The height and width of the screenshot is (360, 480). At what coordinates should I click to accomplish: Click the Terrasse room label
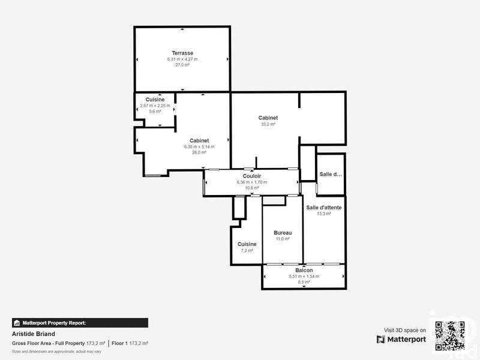(x=182, y=53)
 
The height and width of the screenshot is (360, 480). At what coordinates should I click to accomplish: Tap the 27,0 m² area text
(x=182, y=65)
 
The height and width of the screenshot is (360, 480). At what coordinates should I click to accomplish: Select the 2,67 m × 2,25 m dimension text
(x=155, y=106)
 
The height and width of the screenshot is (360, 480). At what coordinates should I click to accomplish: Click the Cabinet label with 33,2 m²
(x=268, y=118)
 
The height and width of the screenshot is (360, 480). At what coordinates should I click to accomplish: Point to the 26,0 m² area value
(x=199, y=152)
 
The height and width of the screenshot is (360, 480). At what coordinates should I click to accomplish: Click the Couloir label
(x=252, y=176)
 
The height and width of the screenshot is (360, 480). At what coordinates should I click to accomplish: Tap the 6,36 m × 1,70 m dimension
(x=252, y=182)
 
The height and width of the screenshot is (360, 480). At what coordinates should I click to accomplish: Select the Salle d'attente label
(x=324, y=208)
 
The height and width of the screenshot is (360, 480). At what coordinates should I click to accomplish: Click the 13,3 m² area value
(x=324, y=214)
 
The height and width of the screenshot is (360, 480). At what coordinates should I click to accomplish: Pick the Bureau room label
(x=283, y=233)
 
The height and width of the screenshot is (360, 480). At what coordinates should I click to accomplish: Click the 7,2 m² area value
(x=247, y=250)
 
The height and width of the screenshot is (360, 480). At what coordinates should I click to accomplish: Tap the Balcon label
(x=304, y=271)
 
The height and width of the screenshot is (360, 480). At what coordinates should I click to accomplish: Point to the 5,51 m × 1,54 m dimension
(x=304, y=277)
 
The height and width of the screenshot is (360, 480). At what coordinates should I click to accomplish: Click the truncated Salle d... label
(x=331, y=174)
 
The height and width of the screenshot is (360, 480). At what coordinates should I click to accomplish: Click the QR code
(x=450, y=336)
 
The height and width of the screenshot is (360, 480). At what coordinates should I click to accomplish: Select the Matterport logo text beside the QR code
(x=402, y=340)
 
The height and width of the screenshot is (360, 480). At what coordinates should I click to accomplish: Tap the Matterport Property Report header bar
(x=80, y=322)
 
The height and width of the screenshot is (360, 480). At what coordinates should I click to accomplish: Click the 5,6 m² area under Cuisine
(x=155, y=112)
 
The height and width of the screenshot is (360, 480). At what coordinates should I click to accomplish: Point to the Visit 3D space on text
(x=405, y=330)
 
